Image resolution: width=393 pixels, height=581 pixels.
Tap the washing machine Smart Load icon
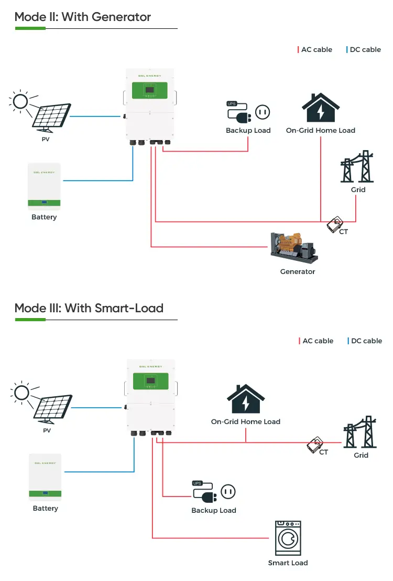[288, 538]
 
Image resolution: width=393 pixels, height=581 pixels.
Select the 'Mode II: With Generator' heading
[83, 17]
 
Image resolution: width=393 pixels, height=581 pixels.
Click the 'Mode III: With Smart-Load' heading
[89, 308]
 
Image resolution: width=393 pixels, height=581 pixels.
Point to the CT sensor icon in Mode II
[334, 225]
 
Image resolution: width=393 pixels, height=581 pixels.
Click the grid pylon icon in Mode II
[357, 167]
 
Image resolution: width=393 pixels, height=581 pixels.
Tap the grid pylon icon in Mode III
[361, 433]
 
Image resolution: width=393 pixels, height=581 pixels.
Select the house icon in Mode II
[320, 109]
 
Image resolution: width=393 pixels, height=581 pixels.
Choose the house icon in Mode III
[245, 399]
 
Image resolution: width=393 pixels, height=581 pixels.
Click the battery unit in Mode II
[44, 186]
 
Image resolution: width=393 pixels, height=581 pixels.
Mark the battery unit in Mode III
[45, 477]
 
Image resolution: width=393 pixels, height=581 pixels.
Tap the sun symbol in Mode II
[20, 101]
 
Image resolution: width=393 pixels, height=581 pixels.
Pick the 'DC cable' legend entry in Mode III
[365, 341]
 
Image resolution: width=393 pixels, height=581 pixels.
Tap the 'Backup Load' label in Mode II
[248, 131]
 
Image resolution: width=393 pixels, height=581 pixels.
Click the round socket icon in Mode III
[227, 492]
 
